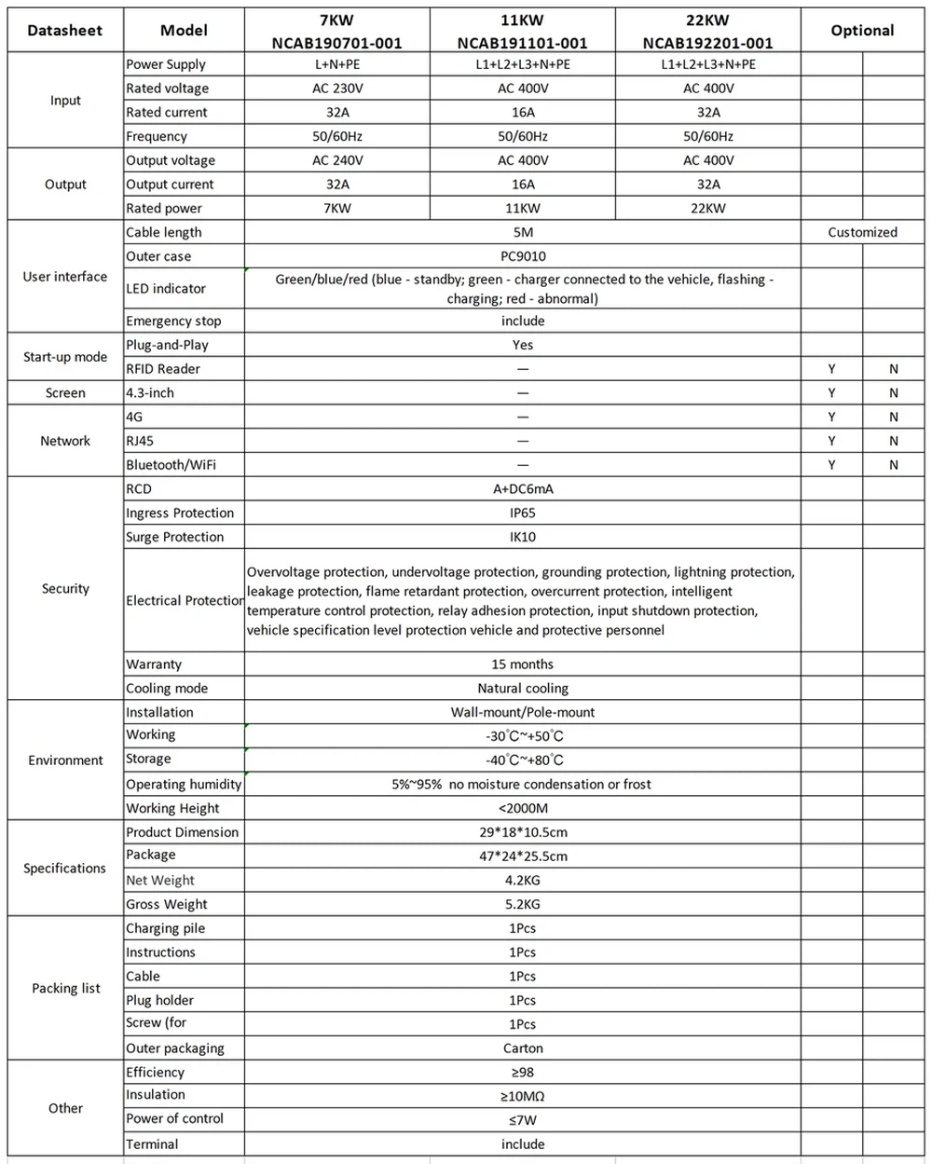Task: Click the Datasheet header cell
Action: [x=65, y=31]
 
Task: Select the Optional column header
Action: [x=862, y=31]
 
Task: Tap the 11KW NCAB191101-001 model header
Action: [x=522, y=31]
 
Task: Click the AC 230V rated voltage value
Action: [x=337, y=89]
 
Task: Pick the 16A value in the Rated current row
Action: [x=523, y=113]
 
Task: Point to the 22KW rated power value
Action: [x=708, y=209]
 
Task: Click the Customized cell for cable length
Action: [x=862, y=233]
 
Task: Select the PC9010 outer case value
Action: [x=523, y=256]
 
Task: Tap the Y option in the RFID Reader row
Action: [x=831, y=369]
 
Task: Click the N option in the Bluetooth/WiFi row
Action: [x=894, y=465]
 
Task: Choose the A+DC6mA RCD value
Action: [x=523, y=489]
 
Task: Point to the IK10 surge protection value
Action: [x=523, y=537]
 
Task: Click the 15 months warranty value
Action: [x=523, y=664]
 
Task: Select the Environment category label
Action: [x=65, y=760]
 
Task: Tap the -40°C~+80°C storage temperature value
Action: [x=524, y=760]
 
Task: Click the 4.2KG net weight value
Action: [x=523, y=881]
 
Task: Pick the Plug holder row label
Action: [x=160, y=1000]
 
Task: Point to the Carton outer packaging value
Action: [x=523, y=1048]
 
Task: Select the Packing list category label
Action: [x=65, y=989]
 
